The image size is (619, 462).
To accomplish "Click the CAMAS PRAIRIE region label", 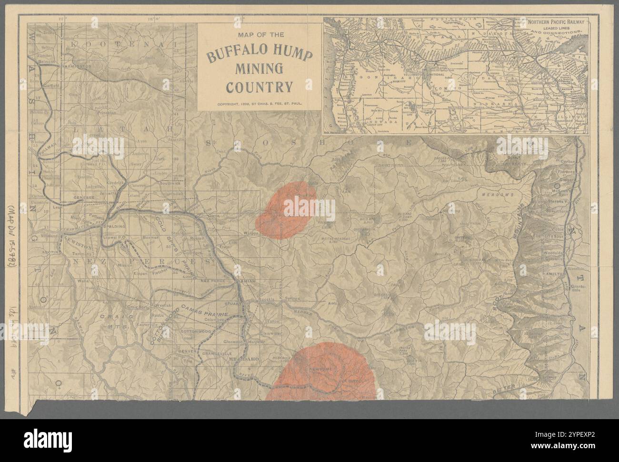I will (x=208, y=315).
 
